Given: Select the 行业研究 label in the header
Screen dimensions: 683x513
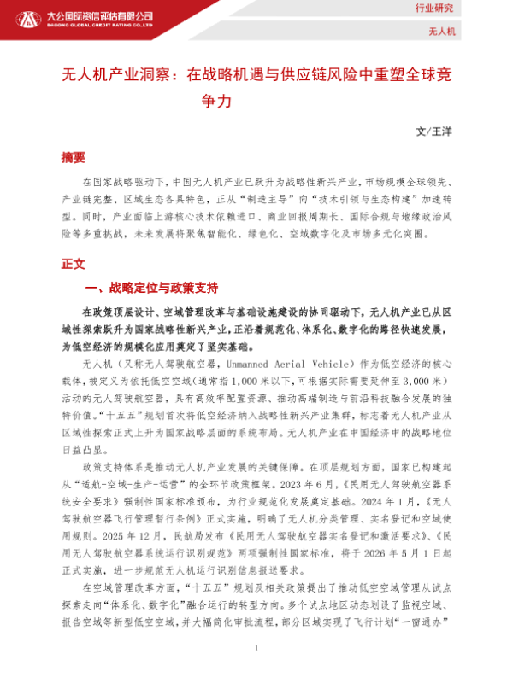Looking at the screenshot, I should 471,9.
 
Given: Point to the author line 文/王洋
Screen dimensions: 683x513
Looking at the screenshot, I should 431,132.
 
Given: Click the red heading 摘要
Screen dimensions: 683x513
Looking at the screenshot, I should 74,158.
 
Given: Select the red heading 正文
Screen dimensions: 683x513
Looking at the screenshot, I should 74,264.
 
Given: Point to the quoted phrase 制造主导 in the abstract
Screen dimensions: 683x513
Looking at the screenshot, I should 274,197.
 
